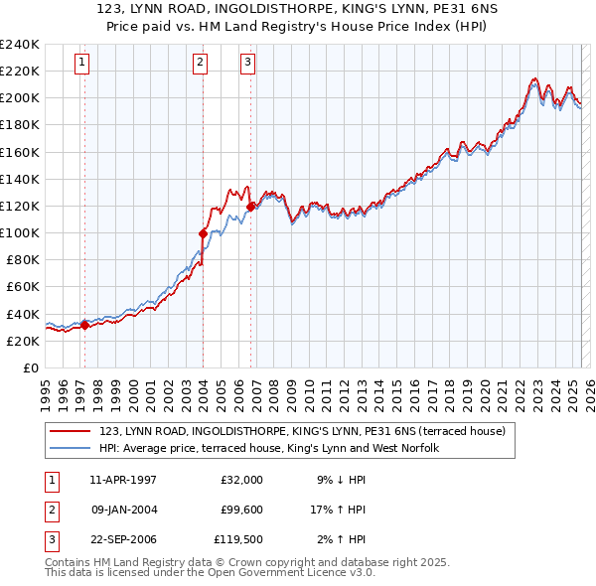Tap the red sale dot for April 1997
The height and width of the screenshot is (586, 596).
click(x=84, y=324)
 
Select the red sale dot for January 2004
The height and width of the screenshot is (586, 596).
click(x=203, y=233)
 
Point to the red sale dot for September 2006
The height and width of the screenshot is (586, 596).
click(x=250, y=207)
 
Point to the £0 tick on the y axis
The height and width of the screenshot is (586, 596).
click(x=32, y=367)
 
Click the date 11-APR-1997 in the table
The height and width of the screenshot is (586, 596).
click(x=123, y=480)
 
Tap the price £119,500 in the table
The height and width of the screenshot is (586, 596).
click(x=238, y=541)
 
